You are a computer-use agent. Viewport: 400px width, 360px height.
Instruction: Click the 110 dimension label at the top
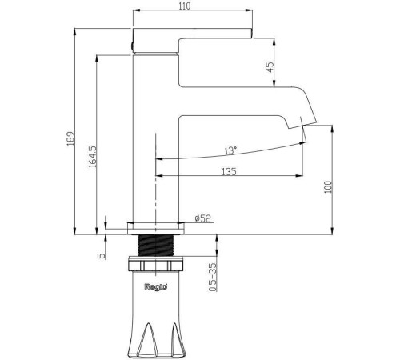pyautogui.click(x=185, y=6)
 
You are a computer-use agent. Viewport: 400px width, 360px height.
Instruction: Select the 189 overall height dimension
pyautogui.click(x=70, y=138)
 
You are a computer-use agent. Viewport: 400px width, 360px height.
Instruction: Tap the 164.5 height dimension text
pyautogui.click(x=93, y=157)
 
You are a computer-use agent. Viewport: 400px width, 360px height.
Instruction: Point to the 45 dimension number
pyautogui.click(x=270, y=67)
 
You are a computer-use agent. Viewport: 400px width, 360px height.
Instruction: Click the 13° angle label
pyautogui.click(x=230, y=150)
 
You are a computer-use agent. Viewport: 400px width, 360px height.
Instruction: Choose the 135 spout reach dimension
pyautogui.click(x=229, y=171)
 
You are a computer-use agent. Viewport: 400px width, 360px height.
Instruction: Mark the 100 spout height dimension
pyautogui.click(x=328, y=187)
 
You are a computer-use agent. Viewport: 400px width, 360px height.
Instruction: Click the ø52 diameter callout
pyautogui.click(x=202, y=218)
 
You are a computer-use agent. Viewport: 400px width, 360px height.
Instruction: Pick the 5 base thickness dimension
pyautogui.click(x=102, y=256)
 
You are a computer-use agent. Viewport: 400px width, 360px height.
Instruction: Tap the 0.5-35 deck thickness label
pyautogui.click(x=213, y=278)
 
